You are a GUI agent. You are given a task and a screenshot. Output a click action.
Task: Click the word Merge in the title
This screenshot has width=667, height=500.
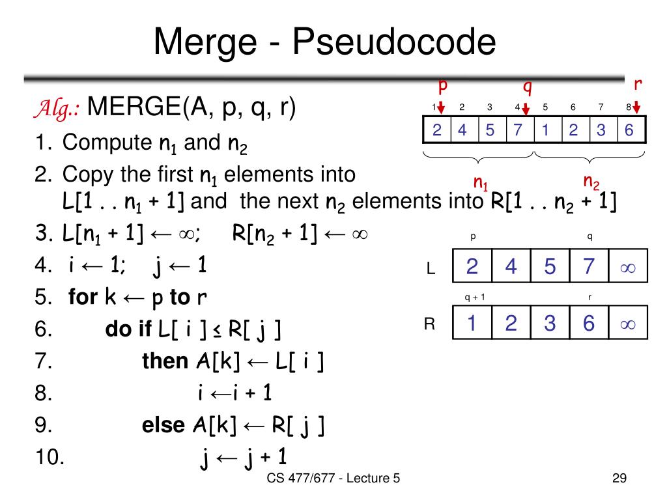point(208,43)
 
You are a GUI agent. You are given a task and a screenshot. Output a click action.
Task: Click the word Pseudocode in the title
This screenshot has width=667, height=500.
point(393,43)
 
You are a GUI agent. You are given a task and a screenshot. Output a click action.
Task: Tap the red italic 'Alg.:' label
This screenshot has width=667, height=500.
point(57,107)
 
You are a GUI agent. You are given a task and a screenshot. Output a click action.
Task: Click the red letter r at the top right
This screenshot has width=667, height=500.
point(638,84)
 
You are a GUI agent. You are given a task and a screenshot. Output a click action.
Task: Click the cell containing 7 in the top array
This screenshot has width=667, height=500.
point(518,130)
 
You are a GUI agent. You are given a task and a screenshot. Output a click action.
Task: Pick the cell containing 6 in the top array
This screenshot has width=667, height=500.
point(629,130)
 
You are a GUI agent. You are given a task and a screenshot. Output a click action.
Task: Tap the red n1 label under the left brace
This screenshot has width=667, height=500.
point(481,182)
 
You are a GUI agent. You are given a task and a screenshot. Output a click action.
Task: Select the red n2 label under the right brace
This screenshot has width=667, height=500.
point(591,180)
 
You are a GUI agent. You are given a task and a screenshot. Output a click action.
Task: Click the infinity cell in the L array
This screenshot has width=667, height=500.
point(628,267)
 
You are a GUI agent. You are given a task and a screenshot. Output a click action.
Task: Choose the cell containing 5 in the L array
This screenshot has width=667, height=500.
point(550,267)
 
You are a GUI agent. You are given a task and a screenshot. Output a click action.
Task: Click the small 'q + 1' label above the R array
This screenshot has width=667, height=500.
point(474,297)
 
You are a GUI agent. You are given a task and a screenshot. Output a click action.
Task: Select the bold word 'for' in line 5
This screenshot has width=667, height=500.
point(83,298)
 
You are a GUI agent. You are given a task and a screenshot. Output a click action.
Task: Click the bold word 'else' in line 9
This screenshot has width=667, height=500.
point(163,425)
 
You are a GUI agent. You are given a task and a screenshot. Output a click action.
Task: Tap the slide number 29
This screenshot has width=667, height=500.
point(619,479)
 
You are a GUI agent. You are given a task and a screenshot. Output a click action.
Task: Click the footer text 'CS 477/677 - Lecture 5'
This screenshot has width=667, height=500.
point(333,479)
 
